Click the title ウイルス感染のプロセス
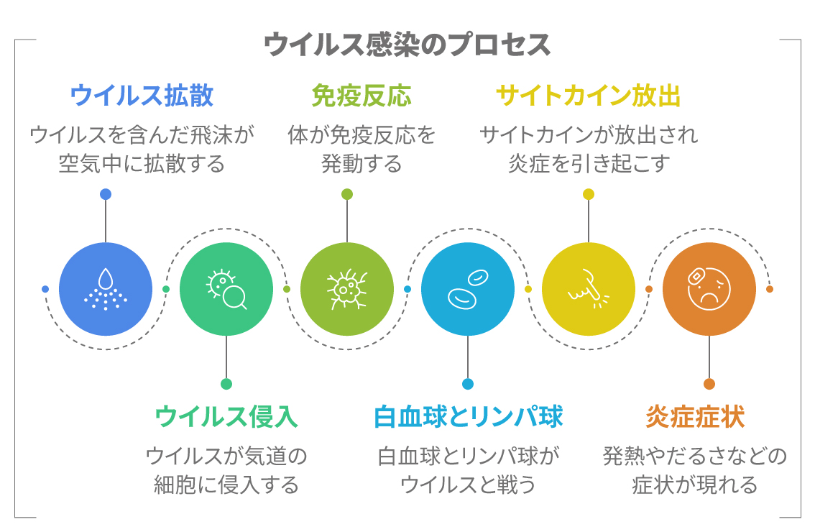pyautogui.click(x=407, y=45)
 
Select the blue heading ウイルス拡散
pyautogui.click(x=142, y=96)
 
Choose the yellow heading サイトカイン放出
pyautogui.click(x=588, y=96)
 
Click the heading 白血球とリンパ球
pyautogui.click(x=468, y=416)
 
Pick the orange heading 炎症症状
pyautogui.click(x=694, y=416)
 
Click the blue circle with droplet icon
pyautogui.click(x=106, y=289)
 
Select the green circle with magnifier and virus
pyautogui.click(x=226, y=289)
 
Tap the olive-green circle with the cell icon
pyautogui.click(x=347, y=289)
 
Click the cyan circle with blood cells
pyautogui.click(x=468, y=289)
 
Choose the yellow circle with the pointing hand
pyautogui.click(x=589, y=289)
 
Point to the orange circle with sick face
pyautogui.click(x=709, y=289)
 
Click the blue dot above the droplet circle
pyautogui.click(x=106, y=194)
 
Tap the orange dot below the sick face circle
pyautogui.click(x=709, y=384)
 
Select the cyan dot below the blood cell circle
pyautogui.click(x=468, y=384)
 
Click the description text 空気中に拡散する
pyautogui.click(x=142, y=164)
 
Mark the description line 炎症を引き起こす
pyautogui.click(x=589, y=164)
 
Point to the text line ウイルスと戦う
pyautogui.click(x=468, y=485)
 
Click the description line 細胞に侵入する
pyautogui.click(x=226, y=485)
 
